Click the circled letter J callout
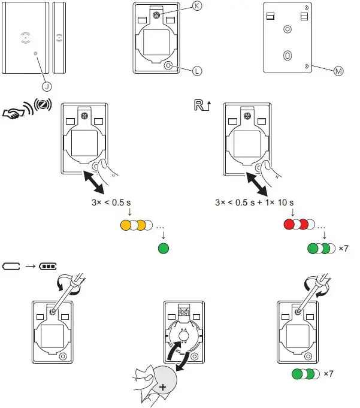(46, 86)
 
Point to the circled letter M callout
(338, 71)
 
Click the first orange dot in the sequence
(126, 226)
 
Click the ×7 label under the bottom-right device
(328, 374)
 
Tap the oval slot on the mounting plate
(288, 55)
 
